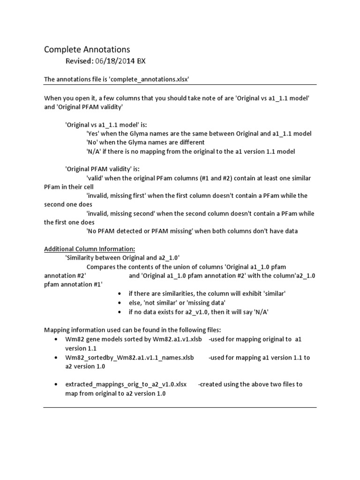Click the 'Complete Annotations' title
click(x=87, y=49)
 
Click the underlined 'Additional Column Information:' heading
click(x=90, y=249)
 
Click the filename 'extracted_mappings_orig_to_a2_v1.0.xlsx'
click(x=126, y=384)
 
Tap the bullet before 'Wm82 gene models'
click(x=56, y=339)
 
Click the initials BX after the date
click(x=142, y=61)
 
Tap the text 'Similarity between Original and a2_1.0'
click(x=122, y=258)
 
